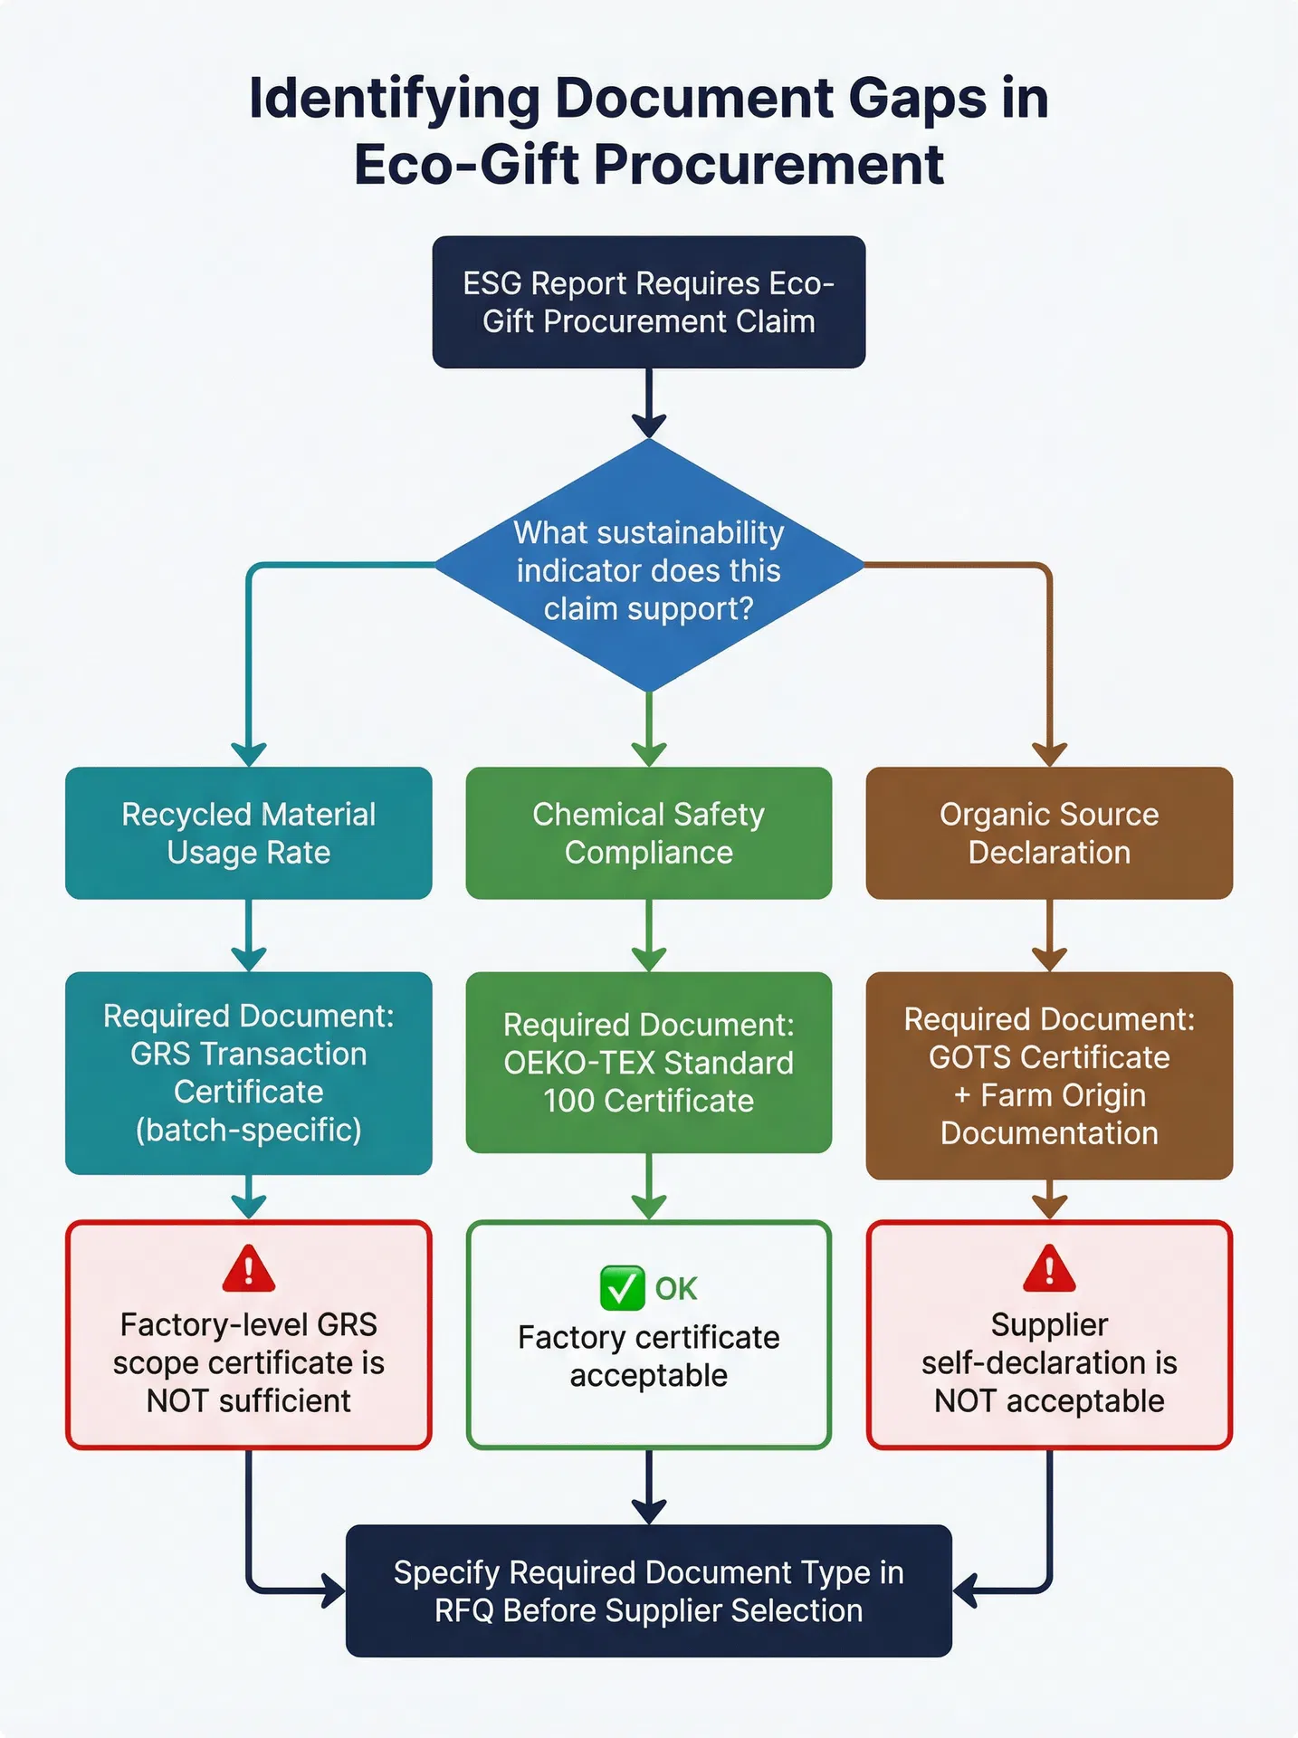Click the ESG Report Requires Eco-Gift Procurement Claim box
pyautogui.click(x=648, y=302)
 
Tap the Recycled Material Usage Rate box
pyautogui.click(x=248, y=833)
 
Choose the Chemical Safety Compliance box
pyautogui.click(x=648, y=833)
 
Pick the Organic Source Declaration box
pyautogui.click(x=1049, y=833)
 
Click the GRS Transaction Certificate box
pyautogui.click(x=248, y=1073)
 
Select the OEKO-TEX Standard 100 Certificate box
pyautogui.click(x=648, y=1063)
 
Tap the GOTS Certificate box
pyautogui.click(x=1049, y=1075)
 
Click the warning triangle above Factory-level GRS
pyautogui.click(x=248, y=1269)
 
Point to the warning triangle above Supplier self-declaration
pyautogui.click(x=1049, y=1269)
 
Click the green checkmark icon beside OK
pyautogui.click(x=622, y=1288)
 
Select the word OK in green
pyautogui.click(x=676, y=1289)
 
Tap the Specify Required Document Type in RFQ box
pyautogui.click(x=648, y=1591)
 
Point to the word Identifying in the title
pyautogui.click(x=394, y=99)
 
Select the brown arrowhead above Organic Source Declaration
pyautogui.click(x=1049, y=754)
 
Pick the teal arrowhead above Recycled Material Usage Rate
pyautogui.click(x=248, y=754)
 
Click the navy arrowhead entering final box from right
pyautogui.click(x=965, y=1590)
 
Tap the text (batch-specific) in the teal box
pyautogui.click(x=248, y=1130)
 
